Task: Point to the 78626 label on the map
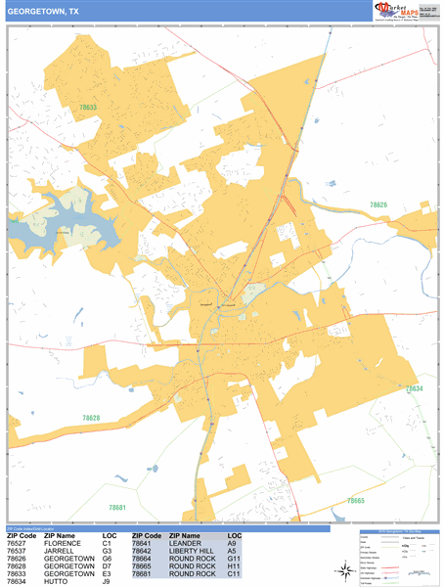coord(378,204)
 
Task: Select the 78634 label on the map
coord(415,389)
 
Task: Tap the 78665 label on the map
coord(355,500)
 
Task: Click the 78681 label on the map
coord(117,508)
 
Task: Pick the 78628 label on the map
coord(90,418)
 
